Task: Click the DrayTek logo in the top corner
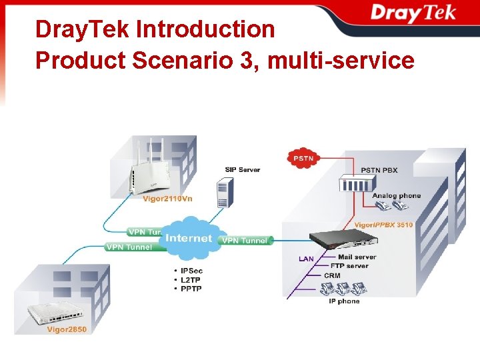tap(413, 14)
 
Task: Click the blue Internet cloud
tap(189, 239)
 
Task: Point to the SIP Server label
tap(242, 170)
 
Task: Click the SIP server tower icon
tap(223, 193)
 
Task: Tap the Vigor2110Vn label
tap(168, 198)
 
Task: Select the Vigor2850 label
tap(67, 329)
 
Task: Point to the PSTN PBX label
tap(379, 170)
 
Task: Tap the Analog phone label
tap(396, 196)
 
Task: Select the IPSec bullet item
tap(191, 271)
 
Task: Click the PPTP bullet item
tap(191, 289)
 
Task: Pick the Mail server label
tap(357, 257)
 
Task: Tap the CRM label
tap(332, 275)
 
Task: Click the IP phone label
tap(344, 301)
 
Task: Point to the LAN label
tap(306, 259)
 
